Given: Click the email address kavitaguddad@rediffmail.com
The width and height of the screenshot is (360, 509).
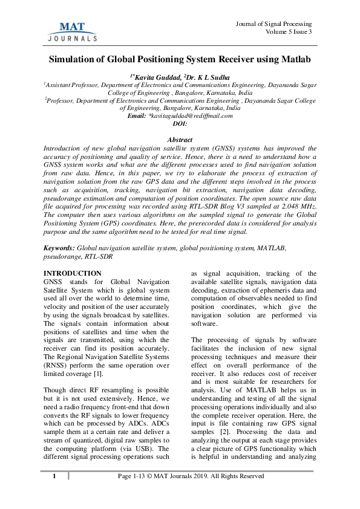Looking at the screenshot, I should [191, 115].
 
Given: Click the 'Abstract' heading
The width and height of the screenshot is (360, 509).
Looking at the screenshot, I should [180, 139].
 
